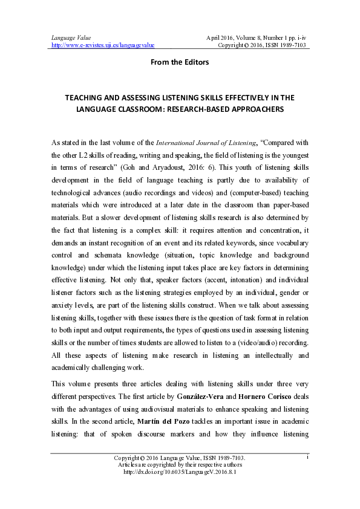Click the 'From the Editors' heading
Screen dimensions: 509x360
coord(180,62)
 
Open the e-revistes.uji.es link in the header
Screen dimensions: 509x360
coord(103,45)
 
